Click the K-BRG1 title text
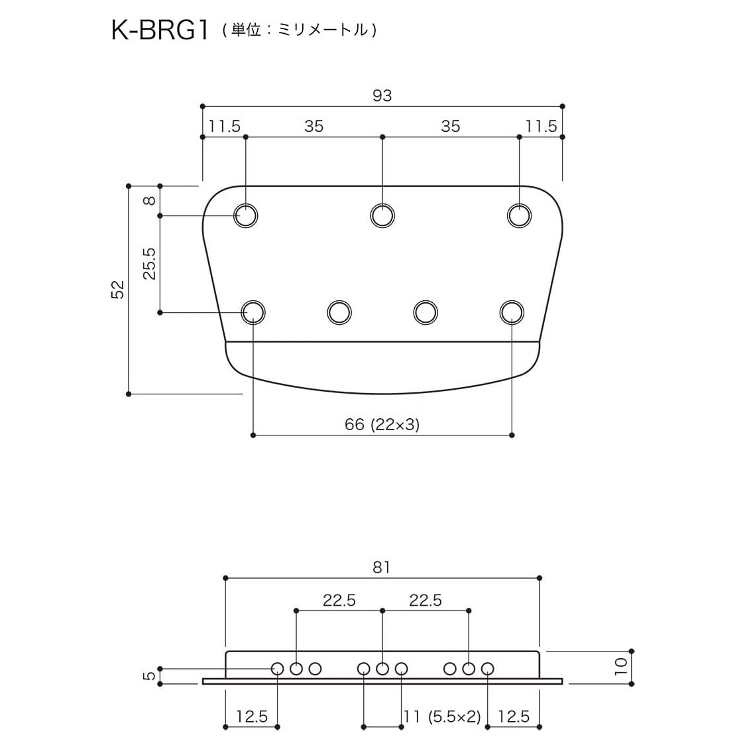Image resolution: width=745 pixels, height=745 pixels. click(159, 31)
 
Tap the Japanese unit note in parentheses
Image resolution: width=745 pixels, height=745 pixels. click(300, 30)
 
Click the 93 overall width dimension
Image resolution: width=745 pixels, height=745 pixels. click(382, 95)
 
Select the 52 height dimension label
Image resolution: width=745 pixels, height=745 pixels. click(117, 290)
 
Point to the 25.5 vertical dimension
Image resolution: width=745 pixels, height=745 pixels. click(150, 264)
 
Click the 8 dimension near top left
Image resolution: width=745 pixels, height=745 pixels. click(150, 200)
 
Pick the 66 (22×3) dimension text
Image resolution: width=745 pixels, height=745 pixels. click(382, 424)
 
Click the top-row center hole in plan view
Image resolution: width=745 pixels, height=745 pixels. click(382, 215)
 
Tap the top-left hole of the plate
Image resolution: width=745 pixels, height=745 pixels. click(246, 215)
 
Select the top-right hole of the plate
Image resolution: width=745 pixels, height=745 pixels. click(519, 215)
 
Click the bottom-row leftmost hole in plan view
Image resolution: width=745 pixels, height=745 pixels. click(253, 312)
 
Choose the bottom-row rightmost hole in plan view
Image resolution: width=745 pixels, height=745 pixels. click(511, 312)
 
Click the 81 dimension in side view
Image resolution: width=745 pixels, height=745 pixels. click(382, 567)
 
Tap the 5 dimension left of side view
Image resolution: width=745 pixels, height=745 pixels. click(150, 675)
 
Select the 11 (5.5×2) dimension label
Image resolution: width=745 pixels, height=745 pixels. click(441, 716)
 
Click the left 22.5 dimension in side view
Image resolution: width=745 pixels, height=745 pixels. click(339, 600)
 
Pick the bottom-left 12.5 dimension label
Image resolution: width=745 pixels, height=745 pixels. click(252, 716)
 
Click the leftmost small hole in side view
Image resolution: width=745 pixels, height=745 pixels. click(278, 669)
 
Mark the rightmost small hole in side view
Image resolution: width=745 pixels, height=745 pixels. click(488, 669)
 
